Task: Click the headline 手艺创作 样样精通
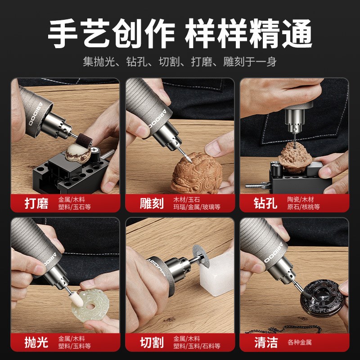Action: coord(180,34)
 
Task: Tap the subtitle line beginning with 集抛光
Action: coord(180,62)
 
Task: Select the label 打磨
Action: coord(36,203)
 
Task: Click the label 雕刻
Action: coord(152,203)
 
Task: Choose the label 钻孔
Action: coord(265,203)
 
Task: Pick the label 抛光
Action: coord(36,342)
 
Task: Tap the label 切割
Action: coord(152,342)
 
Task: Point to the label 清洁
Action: coord(265,342)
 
